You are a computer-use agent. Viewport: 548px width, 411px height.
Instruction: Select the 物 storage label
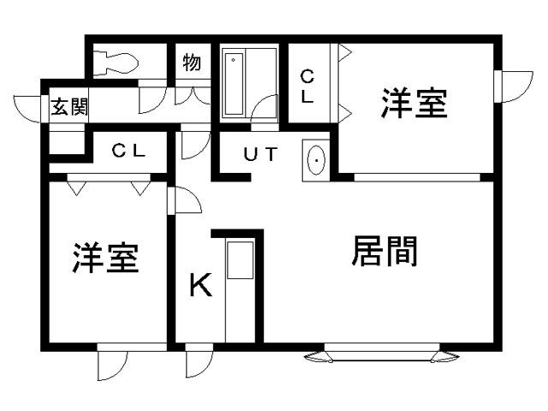(x=192, y=63)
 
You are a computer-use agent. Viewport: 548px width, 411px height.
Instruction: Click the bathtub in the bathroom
(x=235, y=82)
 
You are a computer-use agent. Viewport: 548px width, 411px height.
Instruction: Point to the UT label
(x=260, y=155)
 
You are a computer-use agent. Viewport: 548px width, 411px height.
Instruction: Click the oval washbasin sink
(x=317, y=159)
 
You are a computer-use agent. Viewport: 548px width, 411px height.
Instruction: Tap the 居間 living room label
(x=384, y=253)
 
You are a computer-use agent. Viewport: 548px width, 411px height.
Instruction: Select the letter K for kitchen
(x=200, y=285)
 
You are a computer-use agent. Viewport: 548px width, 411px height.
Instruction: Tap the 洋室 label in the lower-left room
(x=105, y=258)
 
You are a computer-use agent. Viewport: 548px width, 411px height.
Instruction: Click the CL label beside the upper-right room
(x=307, y=86)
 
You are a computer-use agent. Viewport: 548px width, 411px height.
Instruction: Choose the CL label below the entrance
(x=130, y=152)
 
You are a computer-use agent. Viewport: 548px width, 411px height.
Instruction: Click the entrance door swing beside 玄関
(x=31, y=110)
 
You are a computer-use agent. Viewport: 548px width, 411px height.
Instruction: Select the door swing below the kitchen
(x=197, y=363)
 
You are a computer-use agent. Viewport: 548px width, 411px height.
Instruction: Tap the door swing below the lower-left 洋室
(x=111, y=364)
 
